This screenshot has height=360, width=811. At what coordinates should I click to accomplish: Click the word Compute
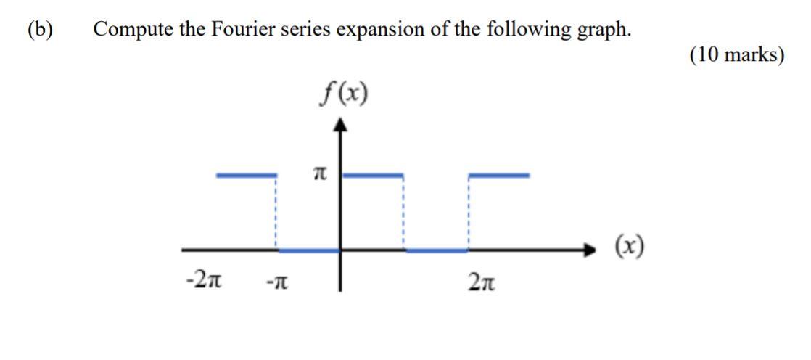[x=134, y=30]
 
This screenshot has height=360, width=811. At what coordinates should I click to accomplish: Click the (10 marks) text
[x=736, y=55]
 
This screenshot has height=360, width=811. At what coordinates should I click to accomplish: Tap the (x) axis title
[x=629, y=248]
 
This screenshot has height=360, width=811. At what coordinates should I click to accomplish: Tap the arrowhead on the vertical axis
[x=342, y=126]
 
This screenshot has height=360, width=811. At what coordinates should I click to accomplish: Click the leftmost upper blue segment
[x=247, y=175]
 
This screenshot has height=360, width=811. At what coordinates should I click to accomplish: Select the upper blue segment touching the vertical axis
[x=372, y=175]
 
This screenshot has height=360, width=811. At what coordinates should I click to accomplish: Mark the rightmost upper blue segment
[x=499, y=175]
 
